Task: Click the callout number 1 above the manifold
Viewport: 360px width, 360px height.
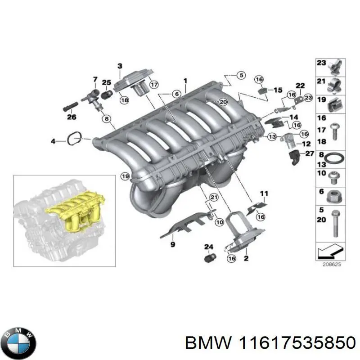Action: (x=184, y=81)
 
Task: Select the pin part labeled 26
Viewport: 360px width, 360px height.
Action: (x=70, y=108)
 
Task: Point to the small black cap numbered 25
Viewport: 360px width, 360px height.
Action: (x=107, y=94)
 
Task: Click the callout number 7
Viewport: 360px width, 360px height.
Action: (x=95, y=80)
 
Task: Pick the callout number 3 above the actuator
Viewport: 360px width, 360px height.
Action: (x=120, y=66)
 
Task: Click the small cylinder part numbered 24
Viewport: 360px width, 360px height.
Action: (x=209, y=258)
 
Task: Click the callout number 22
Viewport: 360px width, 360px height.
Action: (x=300, y=85)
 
